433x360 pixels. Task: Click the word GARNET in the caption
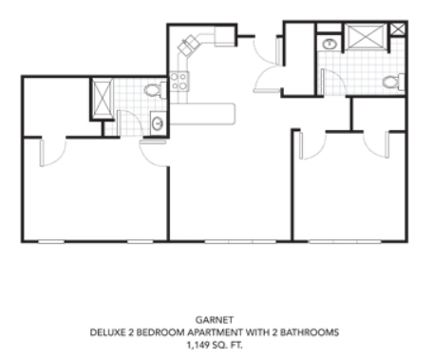tap(215, 320)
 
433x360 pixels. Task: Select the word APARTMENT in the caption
tap(216, 332)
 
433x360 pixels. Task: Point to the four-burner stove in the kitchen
tap(179, 82)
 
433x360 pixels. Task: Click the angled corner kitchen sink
tap(188, 46)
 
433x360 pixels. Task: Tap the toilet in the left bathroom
tap(155, 90)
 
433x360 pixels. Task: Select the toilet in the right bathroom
tap(393, 82)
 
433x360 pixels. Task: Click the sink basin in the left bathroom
tap(158, 123)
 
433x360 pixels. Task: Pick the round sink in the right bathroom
tap(329, 44)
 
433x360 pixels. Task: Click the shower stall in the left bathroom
tap(102, 99)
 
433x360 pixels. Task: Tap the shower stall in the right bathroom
tap(366, 37)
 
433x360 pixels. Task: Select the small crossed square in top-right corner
tap(397, 29)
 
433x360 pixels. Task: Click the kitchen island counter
tap(202, 114)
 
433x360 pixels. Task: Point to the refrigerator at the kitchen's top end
tap(225, 36)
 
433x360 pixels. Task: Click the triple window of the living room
tap(240, 242)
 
